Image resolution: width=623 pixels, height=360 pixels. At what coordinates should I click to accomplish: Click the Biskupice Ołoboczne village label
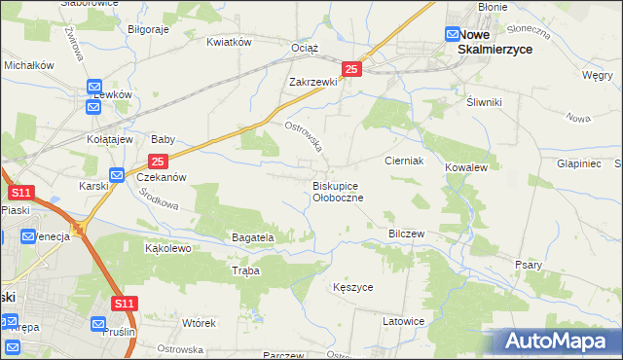coord(338,191)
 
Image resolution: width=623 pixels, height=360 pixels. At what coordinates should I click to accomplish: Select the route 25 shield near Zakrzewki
coord(352,69)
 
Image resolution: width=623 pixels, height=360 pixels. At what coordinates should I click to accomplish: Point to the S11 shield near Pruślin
coord(124,305)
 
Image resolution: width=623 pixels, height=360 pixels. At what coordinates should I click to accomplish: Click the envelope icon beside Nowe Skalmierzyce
coord(453,34)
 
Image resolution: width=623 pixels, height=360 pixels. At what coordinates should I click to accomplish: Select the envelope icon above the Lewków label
coord(94,86)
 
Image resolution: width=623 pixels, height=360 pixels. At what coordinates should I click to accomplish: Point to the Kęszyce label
coord(352,288)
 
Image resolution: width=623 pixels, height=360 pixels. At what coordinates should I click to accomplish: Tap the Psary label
coord(529,265)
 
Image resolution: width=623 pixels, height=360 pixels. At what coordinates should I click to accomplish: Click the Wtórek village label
coord(198,322)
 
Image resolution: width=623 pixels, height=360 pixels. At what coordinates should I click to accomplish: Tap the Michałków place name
coord(28,63)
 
